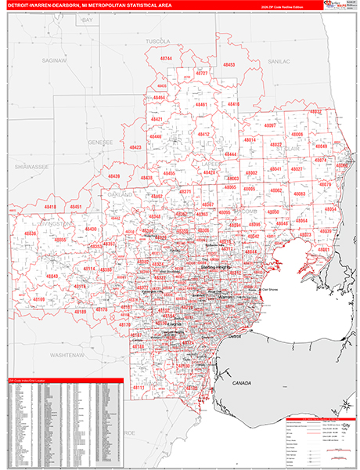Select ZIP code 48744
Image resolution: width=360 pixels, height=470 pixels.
166,59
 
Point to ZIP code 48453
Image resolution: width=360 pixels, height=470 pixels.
229,65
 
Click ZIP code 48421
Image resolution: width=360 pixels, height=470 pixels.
157,119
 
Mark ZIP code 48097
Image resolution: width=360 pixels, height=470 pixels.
269,125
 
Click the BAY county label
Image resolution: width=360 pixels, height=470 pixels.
87,20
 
